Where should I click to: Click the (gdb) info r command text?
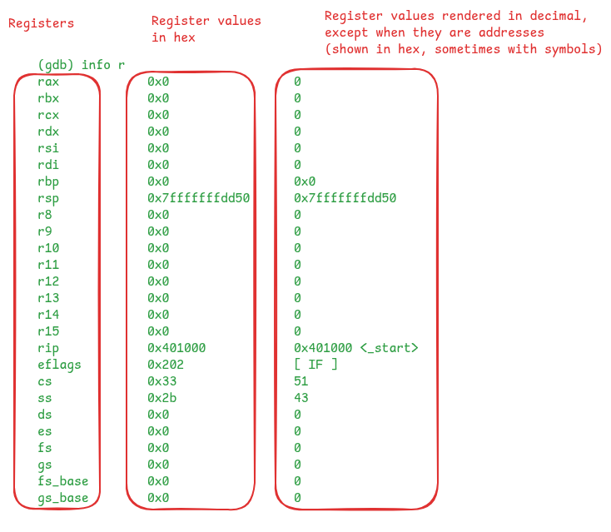click(x=82, y=65)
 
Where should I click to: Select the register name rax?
click(x=48, y=82)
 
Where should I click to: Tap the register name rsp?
click(x=48, y=199)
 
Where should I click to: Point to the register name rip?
click(x=48, y=349)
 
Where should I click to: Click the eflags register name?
click(x=59, y=365)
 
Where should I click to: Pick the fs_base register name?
click(x=63, y=481)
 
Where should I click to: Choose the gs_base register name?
click(x=63, y=499)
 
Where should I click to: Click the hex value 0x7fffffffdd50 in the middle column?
click(x=198, y=198)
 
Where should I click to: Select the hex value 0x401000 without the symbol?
click(x=176, y=348)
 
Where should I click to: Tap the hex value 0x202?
click(x=166, y=365)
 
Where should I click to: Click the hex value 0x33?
click(x=162, y=381)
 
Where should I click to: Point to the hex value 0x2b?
click(x=162, y=398)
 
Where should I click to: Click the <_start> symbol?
click(x=389, y=348)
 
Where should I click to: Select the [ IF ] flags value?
click(x=315, y=365)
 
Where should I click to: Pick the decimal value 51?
click(x=301, y=381)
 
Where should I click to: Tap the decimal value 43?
click(x=301, y=398)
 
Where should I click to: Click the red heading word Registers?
click(x=42, y=24)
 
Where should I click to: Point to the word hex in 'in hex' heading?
click(x=184, y=37)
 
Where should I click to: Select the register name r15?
click(x=48, y=331)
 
